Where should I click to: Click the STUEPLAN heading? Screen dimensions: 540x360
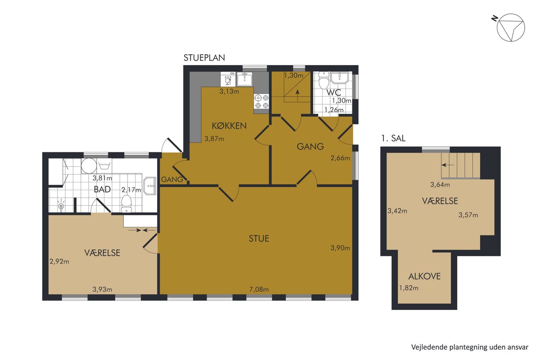[204, 58]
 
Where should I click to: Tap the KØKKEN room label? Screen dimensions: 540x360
[229, 126]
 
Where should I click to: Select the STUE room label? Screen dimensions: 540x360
[259, 238]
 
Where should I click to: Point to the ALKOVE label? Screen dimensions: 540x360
[424, 276]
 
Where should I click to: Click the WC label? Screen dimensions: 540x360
[334, 92]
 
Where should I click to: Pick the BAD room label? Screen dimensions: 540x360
[102, 189]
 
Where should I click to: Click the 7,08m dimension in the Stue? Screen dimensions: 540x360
[259, 289]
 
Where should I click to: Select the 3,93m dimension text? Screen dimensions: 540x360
[102, 289]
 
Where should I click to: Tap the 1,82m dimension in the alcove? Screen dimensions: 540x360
[409, 288]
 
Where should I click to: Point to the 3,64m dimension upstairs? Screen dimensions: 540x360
[440, 184]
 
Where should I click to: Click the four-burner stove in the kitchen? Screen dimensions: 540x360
[262, 102]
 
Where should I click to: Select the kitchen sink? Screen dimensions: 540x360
[244, 79]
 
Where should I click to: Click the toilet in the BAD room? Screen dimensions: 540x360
[126, 204]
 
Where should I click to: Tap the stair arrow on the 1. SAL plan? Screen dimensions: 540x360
[448, 165]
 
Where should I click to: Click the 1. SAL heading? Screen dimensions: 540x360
[393, 138]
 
